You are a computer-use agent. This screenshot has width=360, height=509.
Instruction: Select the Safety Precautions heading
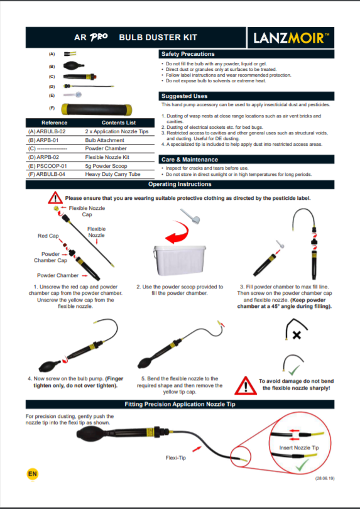[188, 54]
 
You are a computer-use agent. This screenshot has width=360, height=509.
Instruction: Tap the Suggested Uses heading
[184, 96]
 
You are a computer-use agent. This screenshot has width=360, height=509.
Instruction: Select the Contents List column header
[118, 123]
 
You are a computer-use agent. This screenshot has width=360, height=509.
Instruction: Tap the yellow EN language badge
[31, 473]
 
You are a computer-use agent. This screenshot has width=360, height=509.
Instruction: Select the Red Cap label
[48, 236]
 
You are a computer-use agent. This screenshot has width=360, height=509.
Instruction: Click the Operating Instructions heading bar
[180, 185]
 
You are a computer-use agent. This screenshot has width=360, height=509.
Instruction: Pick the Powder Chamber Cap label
[50, 257]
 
